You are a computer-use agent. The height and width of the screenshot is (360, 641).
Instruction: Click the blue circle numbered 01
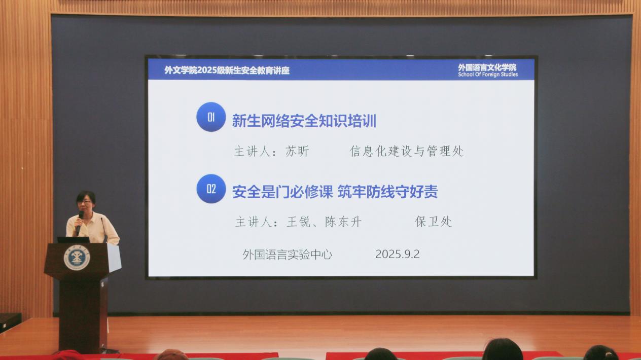click(x=211, y=117)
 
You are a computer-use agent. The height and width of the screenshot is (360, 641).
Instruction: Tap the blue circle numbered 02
click(x=211, y=189)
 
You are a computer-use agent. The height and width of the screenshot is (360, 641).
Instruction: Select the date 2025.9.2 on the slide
click(x=398, y=254)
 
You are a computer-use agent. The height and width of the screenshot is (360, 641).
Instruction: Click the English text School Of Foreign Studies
click(x=488, y=75)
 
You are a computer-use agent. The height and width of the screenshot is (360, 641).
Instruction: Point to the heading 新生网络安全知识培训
click(x=304, y=121)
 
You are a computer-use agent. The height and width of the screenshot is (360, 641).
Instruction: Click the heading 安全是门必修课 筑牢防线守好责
click(x=335, y=192)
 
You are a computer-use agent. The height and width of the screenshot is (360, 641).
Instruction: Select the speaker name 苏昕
click(x=297, y=151)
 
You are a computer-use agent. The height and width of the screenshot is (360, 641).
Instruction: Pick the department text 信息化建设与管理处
click(x=407, y=151)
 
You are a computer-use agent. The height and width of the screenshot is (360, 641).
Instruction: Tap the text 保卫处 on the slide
click(x=434, y=222)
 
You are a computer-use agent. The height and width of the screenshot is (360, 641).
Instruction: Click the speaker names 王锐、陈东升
click(x=324, y=222)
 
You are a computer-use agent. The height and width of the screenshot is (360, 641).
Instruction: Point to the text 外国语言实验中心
click(x=288, y=255)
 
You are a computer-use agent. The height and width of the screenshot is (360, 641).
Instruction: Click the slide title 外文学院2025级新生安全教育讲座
click(x=227, y=70)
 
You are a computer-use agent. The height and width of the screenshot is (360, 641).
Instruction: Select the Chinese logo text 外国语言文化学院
click(x=487, y=67)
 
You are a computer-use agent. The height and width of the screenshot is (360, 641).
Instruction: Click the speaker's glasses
click(x=85, y=202)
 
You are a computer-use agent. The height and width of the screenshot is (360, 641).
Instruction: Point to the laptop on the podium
click(x=73, y=240)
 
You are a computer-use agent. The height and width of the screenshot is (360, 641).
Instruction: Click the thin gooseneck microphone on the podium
click(x=103, y=230)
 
